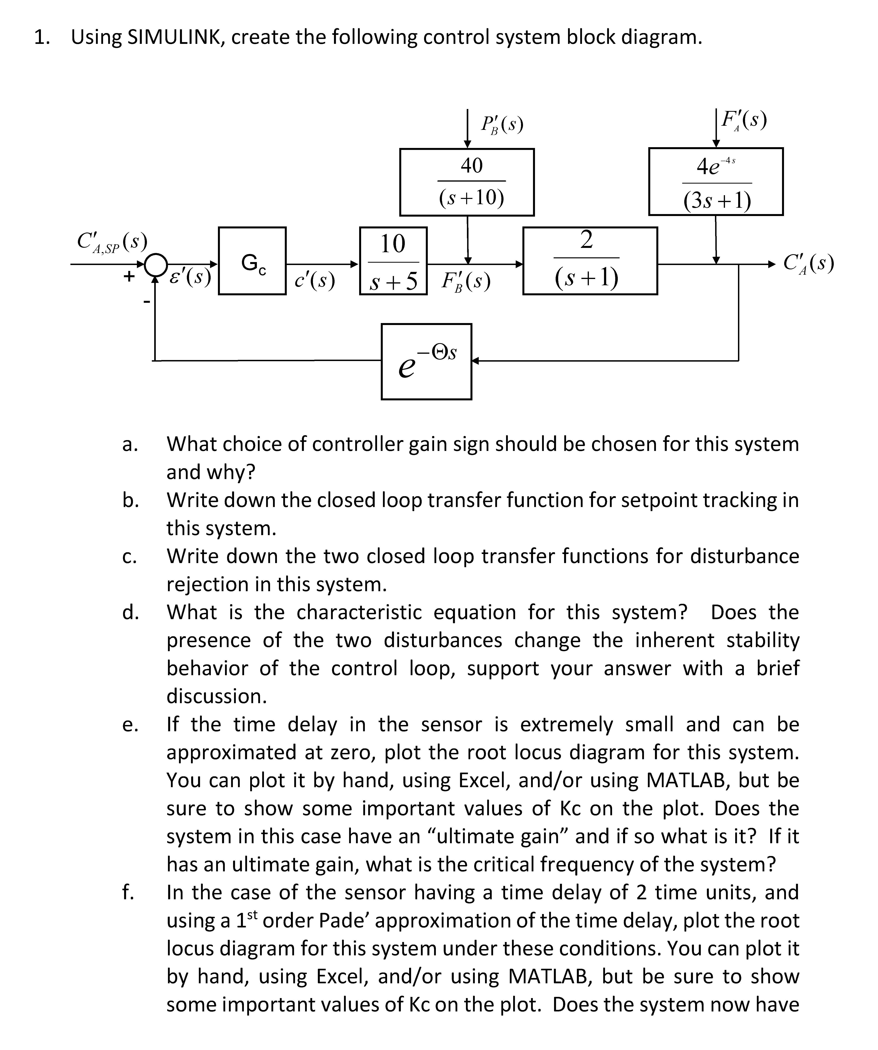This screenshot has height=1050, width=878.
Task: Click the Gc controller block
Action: pyautogui.click(x=252, y=261)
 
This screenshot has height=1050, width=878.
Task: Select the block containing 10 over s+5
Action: pyautogui.click(x=393, y=261)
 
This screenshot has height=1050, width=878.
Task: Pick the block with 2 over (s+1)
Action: pyautogui.click(x=590, y=261)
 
